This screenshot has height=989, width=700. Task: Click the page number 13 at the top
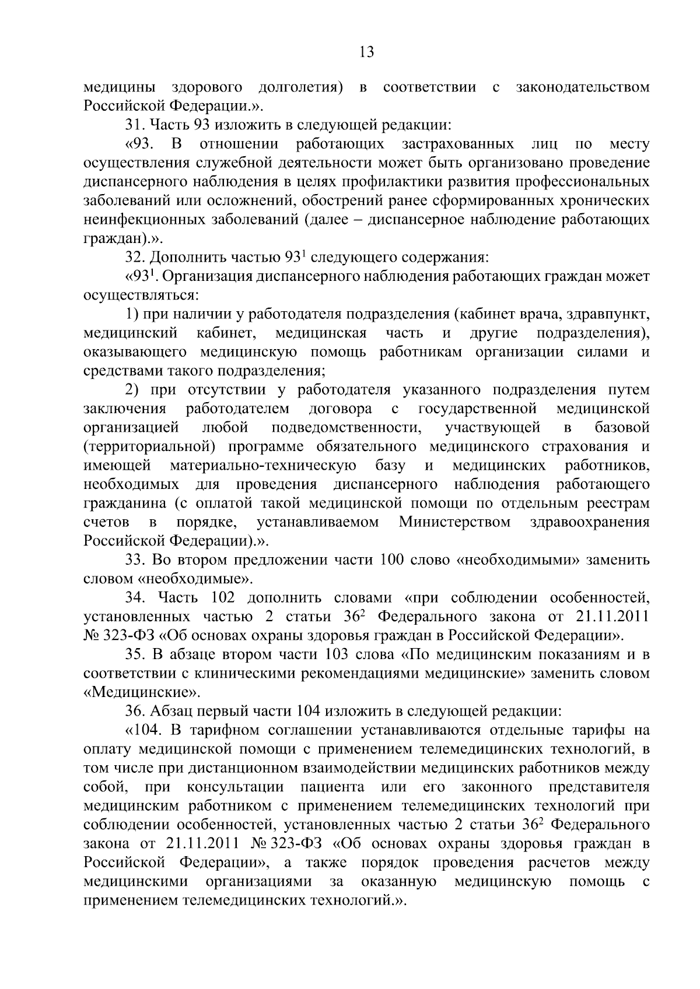(366, 52)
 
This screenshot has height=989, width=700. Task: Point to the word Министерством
(454, 522)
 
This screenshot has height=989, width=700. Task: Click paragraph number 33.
(135, 560)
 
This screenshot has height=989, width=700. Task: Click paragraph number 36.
(135, 711)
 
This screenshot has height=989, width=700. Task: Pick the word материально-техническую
(263, 466)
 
